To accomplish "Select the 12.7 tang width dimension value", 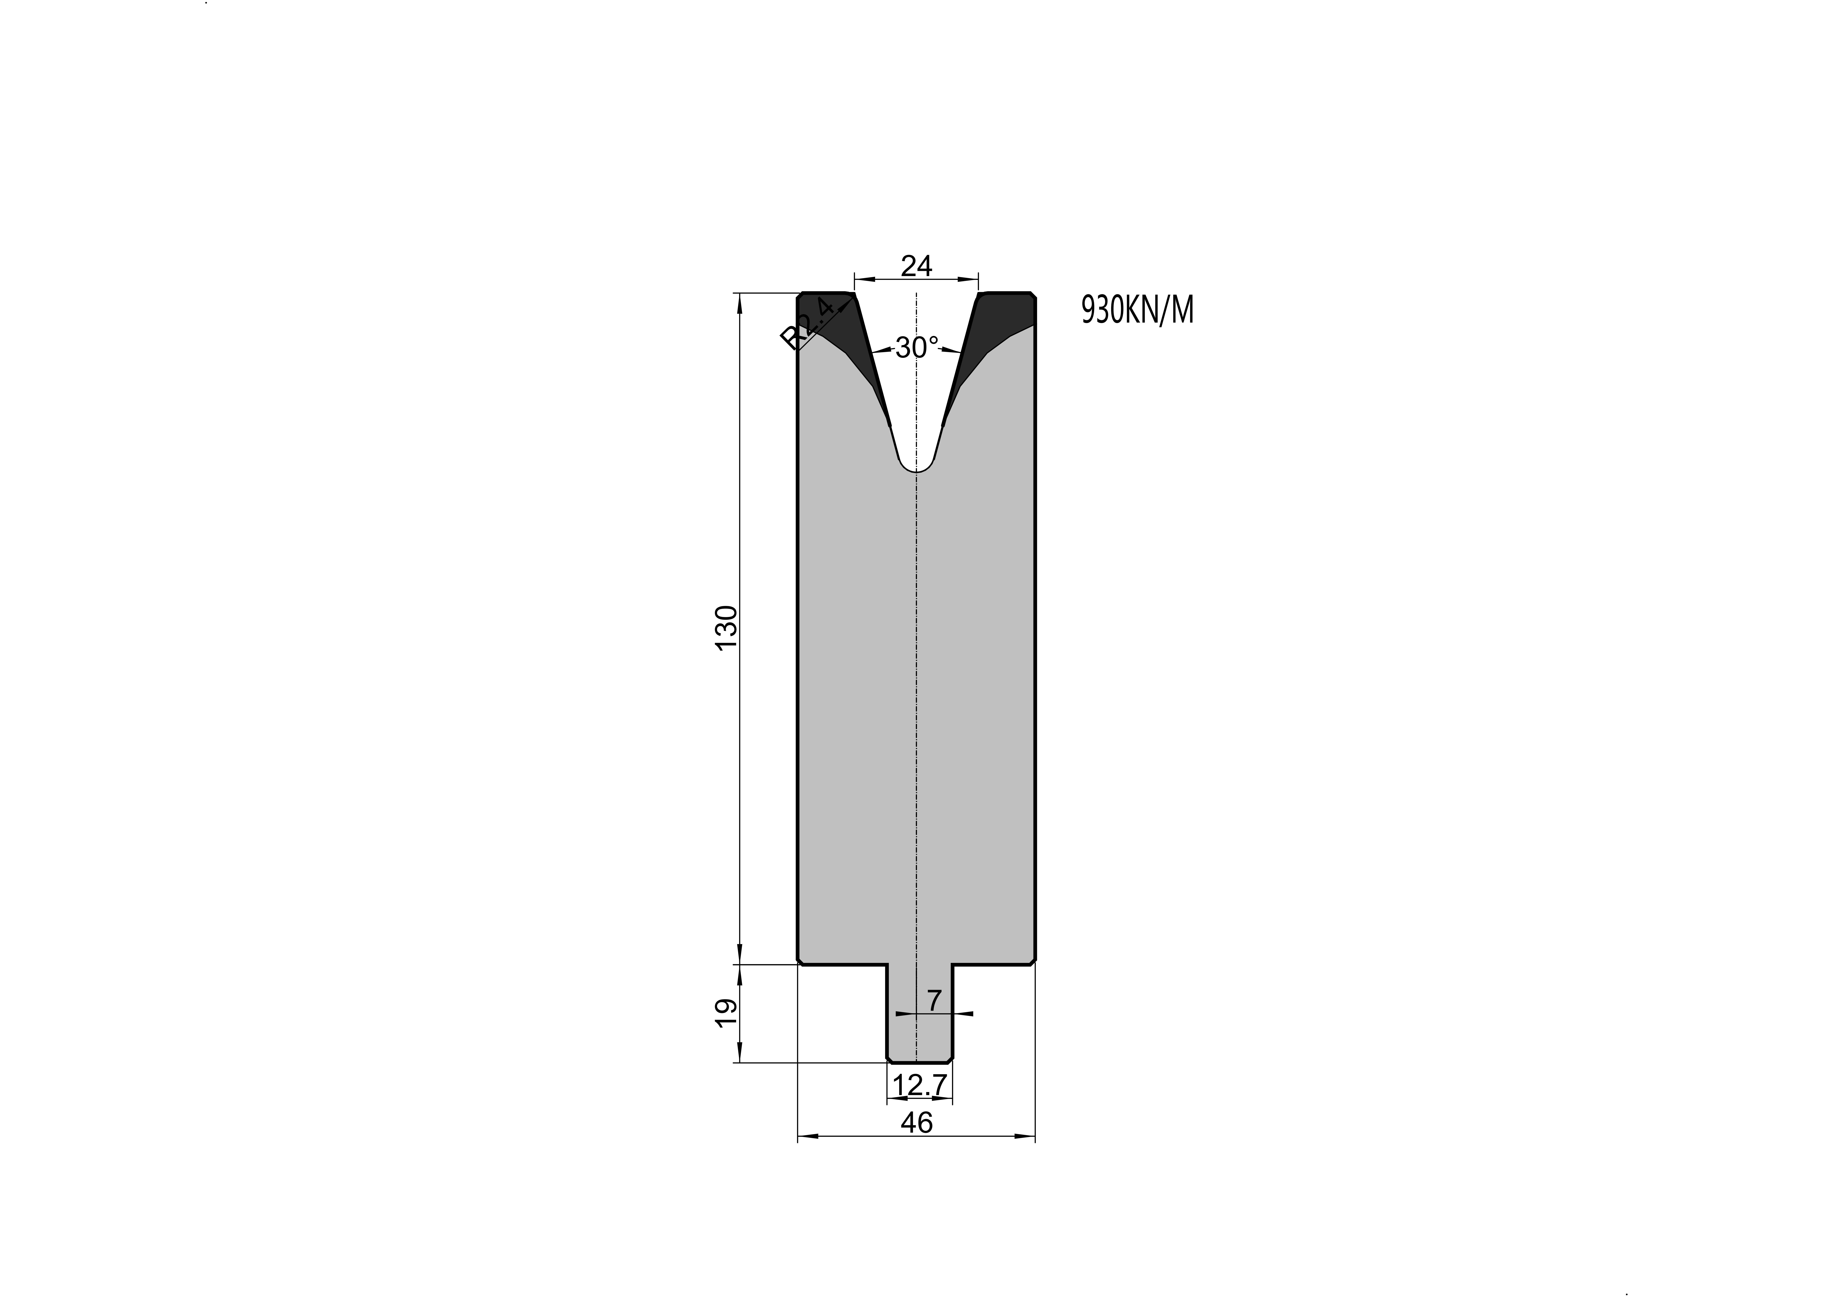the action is pyautogui.click(x=920, y=1085).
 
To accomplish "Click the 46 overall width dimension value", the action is pyautogui.click(x=917, y=1123).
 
